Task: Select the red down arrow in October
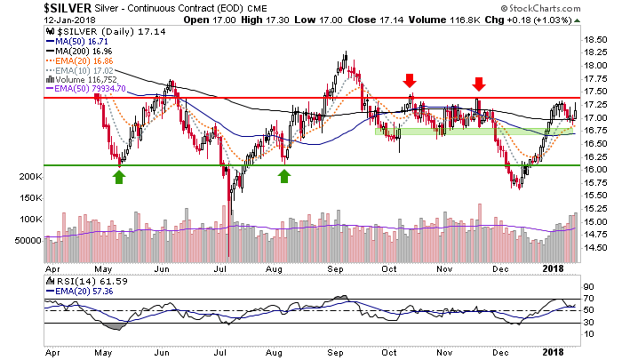[x=411, y=81]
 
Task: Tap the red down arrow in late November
[x=479, y=84]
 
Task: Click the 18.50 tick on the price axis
[x=594, y=39]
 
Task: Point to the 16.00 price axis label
[x=594, y=170]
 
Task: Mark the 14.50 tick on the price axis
[x=594, y=248]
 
